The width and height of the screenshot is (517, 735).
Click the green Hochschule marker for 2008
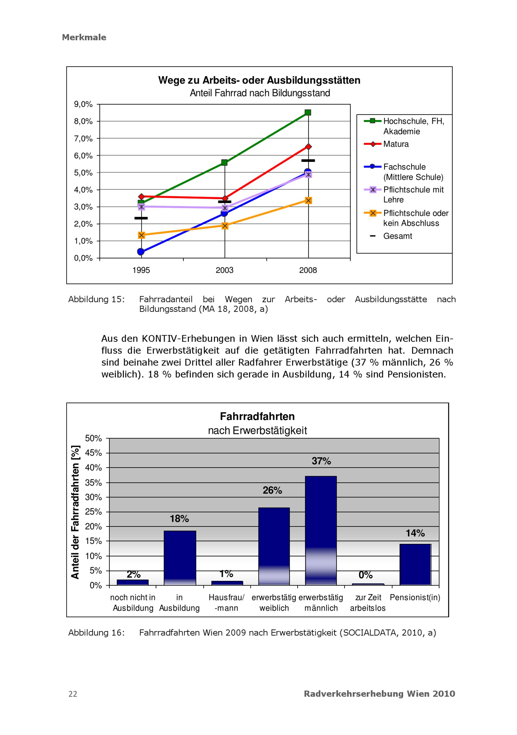point(308,112)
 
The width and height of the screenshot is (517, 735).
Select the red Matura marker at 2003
point(225,198)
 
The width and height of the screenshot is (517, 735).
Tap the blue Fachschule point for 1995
point(141,252)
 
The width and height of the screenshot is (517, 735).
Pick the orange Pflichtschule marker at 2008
point(308,200)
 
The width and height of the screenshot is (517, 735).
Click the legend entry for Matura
point(396,144)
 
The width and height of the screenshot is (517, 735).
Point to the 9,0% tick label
point(83,104)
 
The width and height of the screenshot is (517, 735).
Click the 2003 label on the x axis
point(224,270)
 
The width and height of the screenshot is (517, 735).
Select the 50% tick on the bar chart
point(93,438)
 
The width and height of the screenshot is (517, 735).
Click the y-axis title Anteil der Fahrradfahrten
point(75,512)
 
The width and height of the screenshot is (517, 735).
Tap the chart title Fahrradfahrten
point(257,416)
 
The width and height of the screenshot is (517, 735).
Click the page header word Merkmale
point(84,37)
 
